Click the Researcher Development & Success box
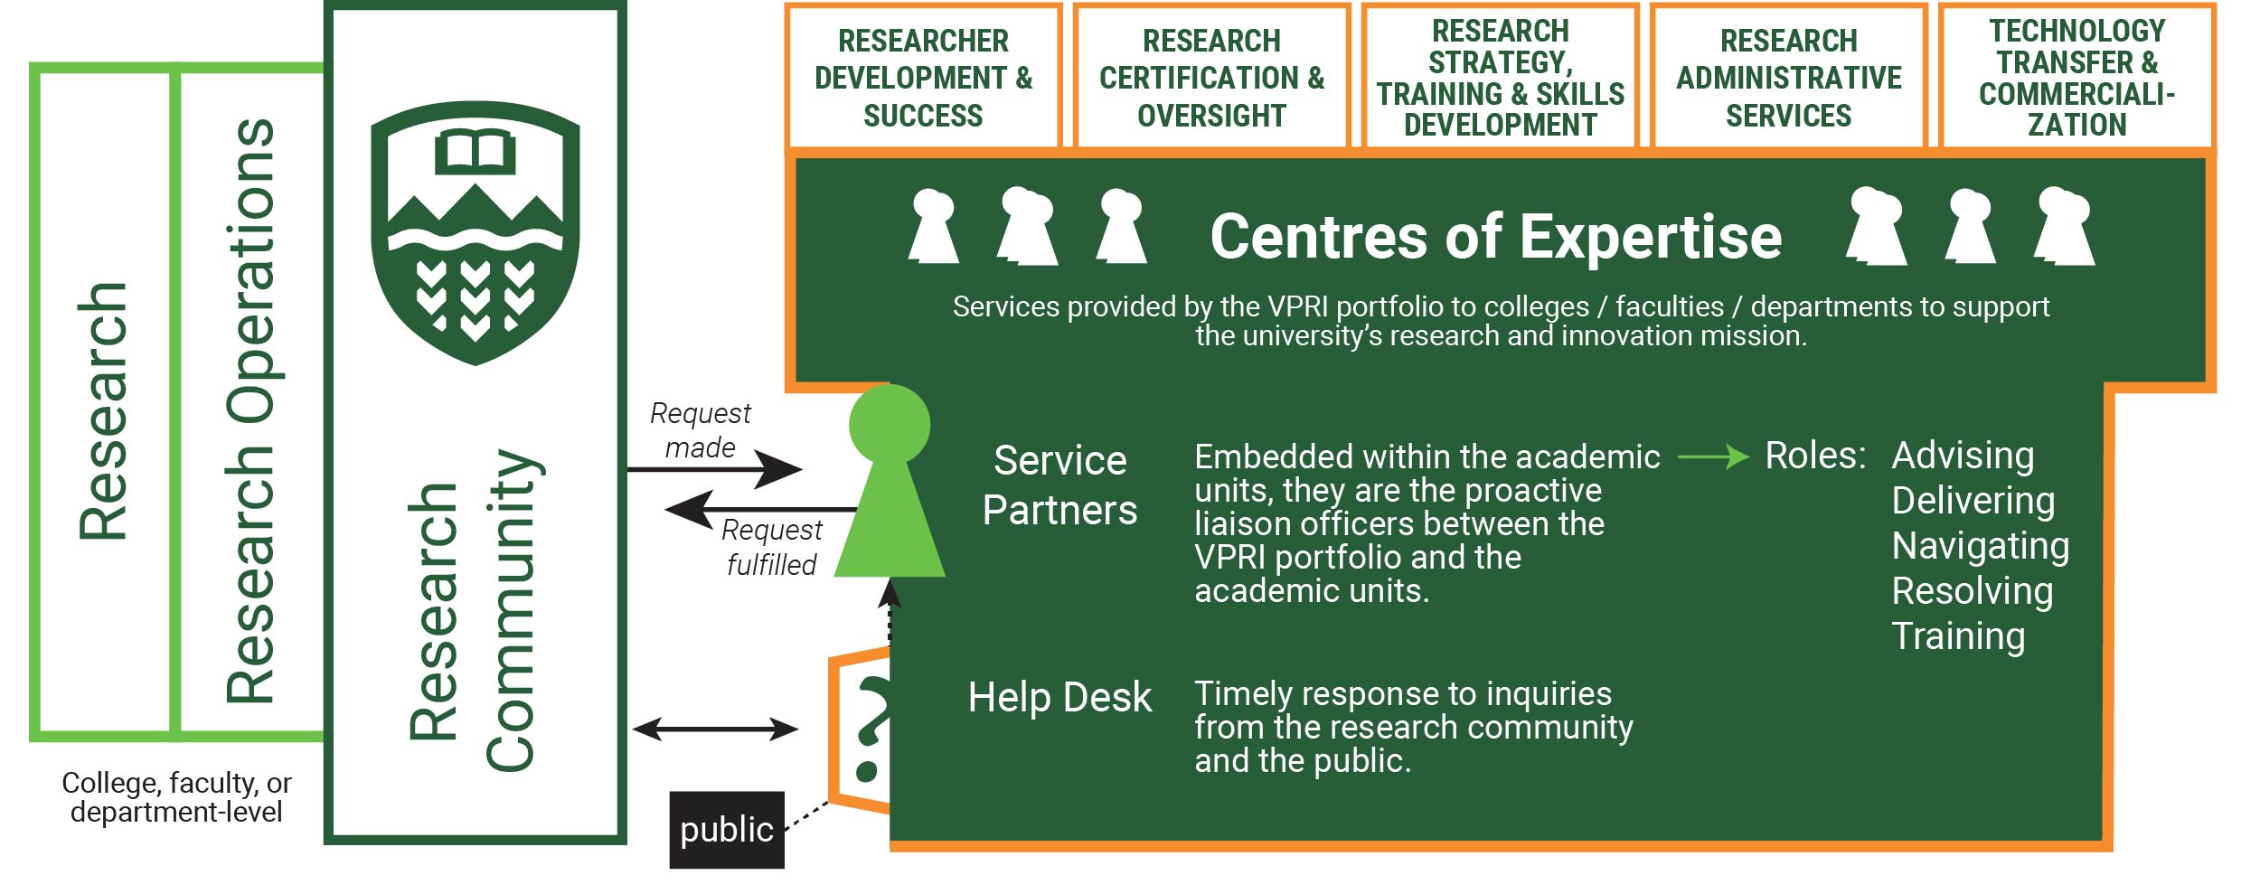923,78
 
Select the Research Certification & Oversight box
1211,78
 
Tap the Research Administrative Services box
1788,78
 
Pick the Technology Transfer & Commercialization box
2076,78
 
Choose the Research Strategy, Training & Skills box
1500,78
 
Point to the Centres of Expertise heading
1495,237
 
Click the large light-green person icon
890,488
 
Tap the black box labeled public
727,829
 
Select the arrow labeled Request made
714,469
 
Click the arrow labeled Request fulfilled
759,510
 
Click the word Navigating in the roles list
1980,546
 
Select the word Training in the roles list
1957,636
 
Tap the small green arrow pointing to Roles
1712,456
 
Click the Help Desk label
1059,698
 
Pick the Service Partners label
1059,485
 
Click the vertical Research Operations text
250,411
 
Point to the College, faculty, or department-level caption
176,797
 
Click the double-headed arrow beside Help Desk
715,729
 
